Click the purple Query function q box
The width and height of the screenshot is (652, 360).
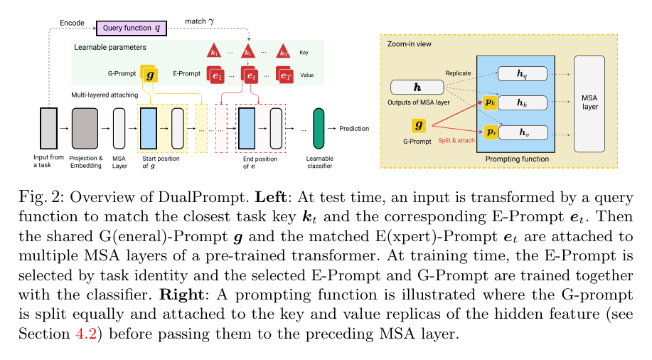pos(132,28)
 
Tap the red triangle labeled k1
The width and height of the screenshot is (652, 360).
pos(214,51)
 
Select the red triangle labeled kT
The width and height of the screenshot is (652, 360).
pos(283,51)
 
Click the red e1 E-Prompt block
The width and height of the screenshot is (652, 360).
pos(216,75)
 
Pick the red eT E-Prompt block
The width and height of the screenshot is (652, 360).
pos(285,75)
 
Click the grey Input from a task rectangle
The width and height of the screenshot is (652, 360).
pos(48,128)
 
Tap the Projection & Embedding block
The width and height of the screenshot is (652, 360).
pos(85,128)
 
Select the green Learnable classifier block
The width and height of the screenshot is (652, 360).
pos(319,128)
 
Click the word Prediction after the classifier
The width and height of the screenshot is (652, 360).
pos(354,129)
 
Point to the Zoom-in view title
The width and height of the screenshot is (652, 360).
pos(409,44)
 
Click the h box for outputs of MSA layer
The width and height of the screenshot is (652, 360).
pos(417,88)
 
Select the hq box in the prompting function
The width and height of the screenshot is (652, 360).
pos(523,74)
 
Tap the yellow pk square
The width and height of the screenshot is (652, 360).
pos(491,102)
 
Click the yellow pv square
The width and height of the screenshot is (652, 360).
pos(491,132)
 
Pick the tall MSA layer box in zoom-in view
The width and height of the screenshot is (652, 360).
pos(589,104)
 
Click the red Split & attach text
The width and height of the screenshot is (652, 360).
pos(456,141)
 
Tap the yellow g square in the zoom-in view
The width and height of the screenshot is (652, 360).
pos(419,125)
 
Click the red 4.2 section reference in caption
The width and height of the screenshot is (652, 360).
pos(86,334)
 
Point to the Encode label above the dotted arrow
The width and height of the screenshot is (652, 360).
pos(72,23)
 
